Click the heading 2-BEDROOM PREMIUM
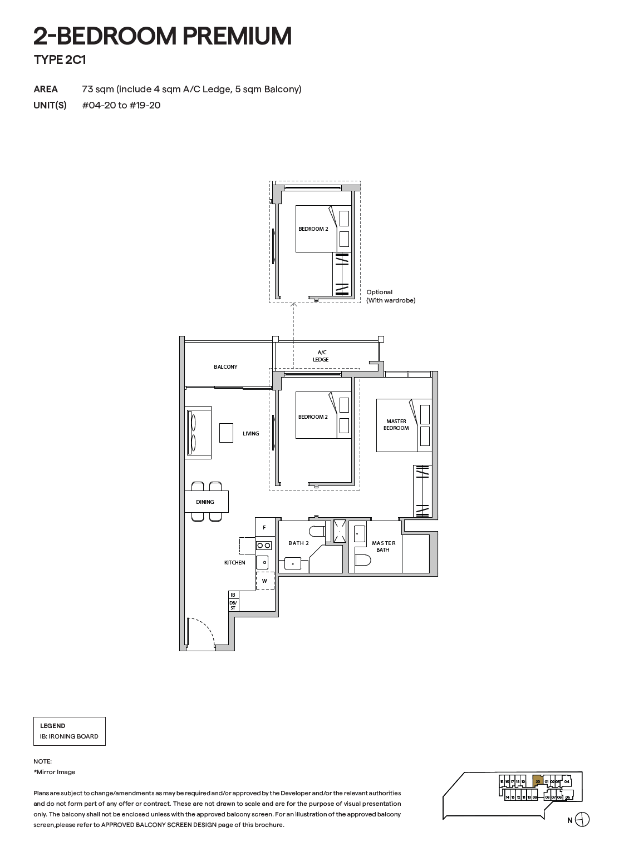pyautogui.click(x=163, y=37)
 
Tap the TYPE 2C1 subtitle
pyautogui.click(x=60, y=60)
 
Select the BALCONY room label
pyautogui.click(x=225, y=367)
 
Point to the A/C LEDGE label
pyautogui.click(x=321, y=356)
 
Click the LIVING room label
pyautogui.click(x=250, y=434)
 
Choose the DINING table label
pyautogui.click(x=205, y=502)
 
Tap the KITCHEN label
pyautogui.click(x=234, y=563)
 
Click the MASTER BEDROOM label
pyautogui.click(x=396, y=425)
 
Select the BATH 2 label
pyautogui.click(x=298, y=543)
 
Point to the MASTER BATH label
pyautogui.click(x=384, y=547)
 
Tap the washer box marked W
pyautogui.click(x=265, y=581)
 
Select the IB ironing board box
pyautogui.click(x=233, y=595)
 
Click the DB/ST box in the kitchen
pyautogui.click(x=233, y=605)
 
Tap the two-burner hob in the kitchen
pyautogui.click(x=264, y=546)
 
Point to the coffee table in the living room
pyautogui.click(x=226, y=433)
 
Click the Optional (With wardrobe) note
pyautogui.click(x=390, y=296)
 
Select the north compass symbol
pyautogui.click(x=582, y=820)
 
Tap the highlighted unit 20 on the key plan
pyautogui.click(x=537, y=781)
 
